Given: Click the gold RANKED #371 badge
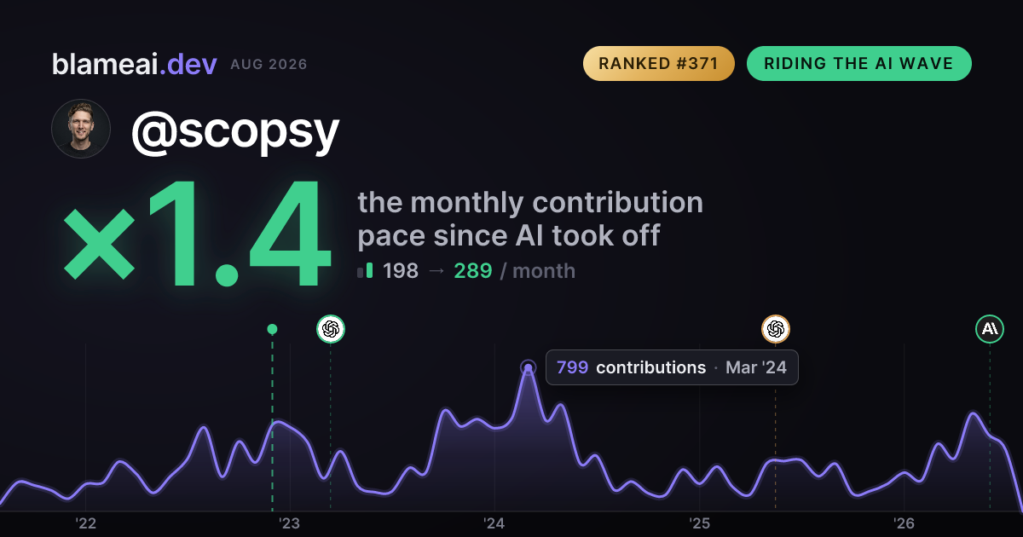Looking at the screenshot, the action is pyautogui.click(x=658, y=63).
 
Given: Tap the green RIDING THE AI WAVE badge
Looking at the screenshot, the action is pyautogui.click(x=858, y=63).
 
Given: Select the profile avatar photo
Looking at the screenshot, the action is pyautogui.click(x=81, y=129).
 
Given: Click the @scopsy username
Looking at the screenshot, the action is pyautogui.click(x=235, y=131).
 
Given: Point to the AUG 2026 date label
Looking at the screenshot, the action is pyautogui.click(x=269, y=65).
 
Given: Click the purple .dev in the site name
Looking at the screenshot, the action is pyautogui.click(x=188, y=64).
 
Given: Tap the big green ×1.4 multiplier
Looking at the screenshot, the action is pyautogui.click(x=197, y=233).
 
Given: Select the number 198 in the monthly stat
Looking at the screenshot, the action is pyautogui.click(x=401, y=271).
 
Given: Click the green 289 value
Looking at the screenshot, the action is pyautogui.click(x=473, y=271).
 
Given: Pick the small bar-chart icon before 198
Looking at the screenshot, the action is pyautogui.click(x=365, y=271).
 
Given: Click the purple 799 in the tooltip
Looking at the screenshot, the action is pyautogui.click(x=572, y=367).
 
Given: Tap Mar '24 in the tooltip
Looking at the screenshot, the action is pyautogui.click(x=756, y=367).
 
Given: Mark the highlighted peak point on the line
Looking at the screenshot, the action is pyautogui.click(x=528, y=367).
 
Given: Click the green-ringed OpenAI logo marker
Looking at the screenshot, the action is pyautogui.click(x=331, y=329).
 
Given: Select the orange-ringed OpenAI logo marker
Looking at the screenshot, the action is pyautogui.click(x=776, y=329).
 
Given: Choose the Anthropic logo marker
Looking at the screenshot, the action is pyautogui.click(x=990, y=329).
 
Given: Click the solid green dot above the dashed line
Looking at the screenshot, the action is pyautogui.click(x=272, y=329).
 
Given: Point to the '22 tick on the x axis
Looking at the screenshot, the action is pyautogui.click(x=85, y=523).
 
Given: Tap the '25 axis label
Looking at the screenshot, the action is pyautogui.click(x=699, y=523).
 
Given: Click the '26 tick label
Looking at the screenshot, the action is pyautogui.click(x=904, y=523).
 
